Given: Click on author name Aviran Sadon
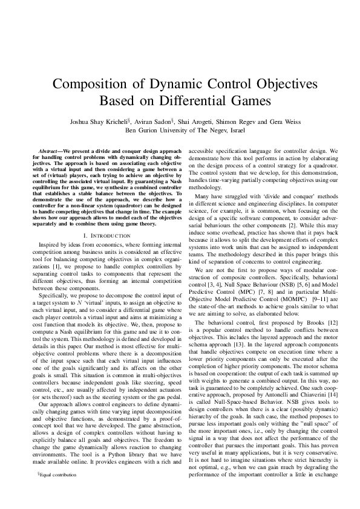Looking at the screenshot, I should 159,121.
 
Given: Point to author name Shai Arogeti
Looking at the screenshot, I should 203,121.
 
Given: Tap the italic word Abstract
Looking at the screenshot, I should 48,149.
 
